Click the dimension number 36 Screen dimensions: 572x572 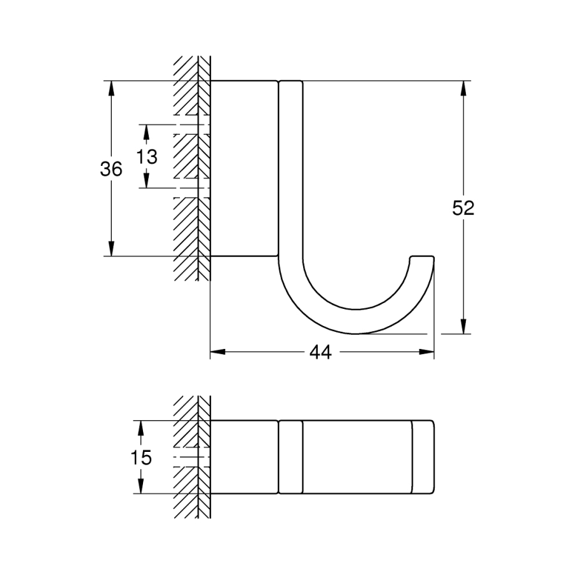tap(111, 169)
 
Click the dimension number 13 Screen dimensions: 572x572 tap(147, 157)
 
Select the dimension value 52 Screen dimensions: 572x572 tap(463, 208)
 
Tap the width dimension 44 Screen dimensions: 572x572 tap(321, 352)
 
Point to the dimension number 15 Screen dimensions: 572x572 tap(141, 458)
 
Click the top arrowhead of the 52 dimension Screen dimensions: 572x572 tap(463, 88)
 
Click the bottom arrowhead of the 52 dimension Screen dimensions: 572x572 tap(463, 326)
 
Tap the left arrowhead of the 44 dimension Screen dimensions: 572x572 tap(218, 352)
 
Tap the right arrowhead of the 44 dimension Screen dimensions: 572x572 tap(426, 352)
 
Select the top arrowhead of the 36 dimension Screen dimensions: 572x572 tap(111, 88)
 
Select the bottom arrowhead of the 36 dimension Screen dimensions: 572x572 tap(111, 249)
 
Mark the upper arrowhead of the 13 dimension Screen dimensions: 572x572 tap(146, 132)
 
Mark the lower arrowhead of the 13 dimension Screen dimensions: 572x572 tap(146, 180)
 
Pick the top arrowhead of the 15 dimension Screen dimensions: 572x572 tap(141, 428)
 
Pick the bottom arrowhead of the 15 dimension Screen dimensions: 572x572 tap(141, 486)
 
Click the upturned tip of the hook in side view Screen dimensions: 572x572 tap(422, 260)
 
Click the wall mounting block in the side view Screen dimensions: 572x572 tap(244, 168)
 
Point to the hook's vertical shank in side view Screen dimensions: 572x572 tap(290, 168)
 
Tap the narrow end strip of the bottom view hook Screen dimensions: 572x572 tap(423, 457)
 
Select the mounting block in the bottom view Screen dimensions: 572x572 tap(244, 457)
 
